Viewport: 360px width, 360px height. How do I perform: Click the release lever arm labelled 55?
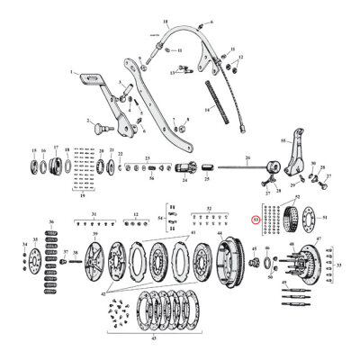pos(288,161)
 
